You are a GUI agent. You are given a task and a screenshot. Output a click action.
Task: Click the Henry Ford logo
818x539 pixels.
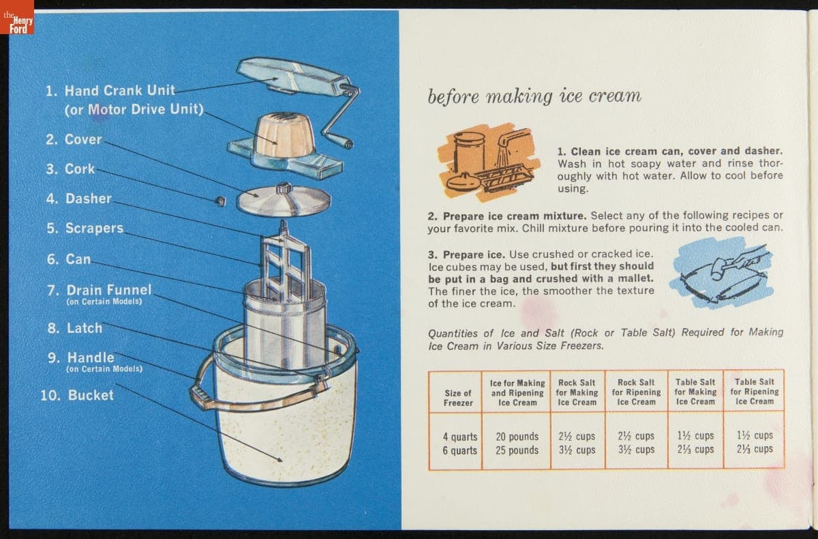point(17,17)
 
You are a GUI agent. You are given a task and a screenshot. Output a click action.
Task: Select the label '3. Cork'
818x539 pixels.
point(70,169)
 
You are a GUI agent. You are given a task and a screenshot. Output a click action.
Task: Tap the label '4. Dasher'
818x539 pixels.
point(79,199)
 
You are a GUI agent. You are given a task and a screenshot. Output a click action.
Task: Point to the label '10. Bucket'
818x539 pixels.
point(77,396)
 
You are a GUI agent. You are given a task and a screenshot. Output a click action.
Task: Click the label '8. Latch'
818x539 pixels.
point(75,328)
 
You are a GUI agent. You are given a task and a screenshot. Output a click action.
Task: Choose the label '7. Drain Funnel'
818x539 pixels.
point(100,291)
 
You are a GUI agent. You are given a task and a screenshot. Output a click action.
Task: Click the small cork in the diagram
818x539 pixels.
point(220,201)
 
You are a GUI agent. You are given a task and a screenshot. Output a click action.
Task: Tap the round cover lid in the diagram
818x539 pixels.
point(284,200)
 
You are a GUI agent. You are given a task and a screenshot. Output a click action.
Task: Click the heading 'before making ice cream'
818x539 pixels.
point(534,96)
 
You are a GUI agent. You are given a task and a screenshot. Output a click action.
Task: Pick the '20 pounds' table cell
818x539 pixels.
point(517,437)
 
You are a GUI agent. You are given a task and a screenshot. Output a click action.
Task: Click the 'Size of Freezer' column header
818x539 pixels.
point(458,398)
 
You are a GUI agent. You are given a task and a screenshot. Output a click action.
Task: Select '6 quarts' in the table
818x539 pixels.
point(459,450)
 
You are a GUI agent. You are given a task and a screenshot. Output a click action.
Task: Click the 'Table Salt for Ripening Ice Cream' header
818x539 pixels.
point(755,392)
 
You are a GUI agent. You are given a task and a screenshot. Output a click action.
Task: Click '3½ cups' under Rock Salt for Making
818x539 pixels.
point(577,450)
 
